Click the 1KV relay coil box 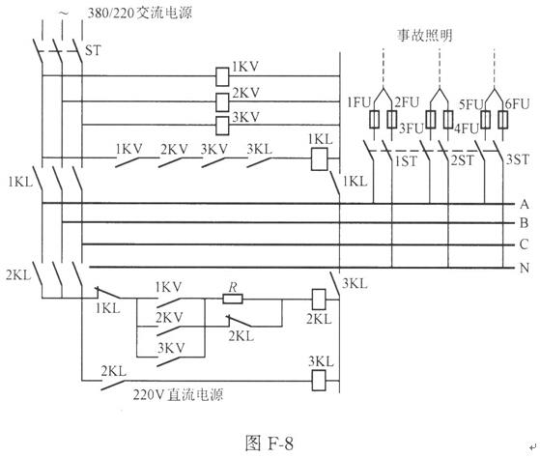click(x=222, y=76)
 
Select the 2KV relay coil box click(x=222, y=101)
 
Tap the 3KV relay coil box click(x=222, y=126)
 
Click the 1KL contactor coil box click(x=319, y=159)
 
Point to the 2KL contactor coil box click(x=319, y=300)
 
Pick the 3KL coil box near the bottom click(x=319, y=380)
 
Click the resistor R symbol click(x=233, y=299)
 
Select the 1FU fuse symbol click(x=375, y=120)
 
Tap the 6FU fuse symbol click(x=503, y=120)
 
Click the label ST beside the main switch click(x=93, y=50)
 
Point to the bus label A click(x=525, y=204)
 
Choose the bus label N click(x=525, y=268)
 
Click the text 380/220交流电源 click(x=140, y=14)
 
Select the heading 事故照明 click(x=425, y=36)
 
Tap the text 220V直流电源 click(x=178, y=394)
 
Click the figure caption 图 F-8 click(x=270, y=443)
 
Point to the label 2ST click(x=462, y=160)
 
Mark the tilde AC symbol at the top click(x=64, y=14)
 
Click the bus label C click(x=525, y=244)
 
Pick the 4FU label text click(x=467, y=129)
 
